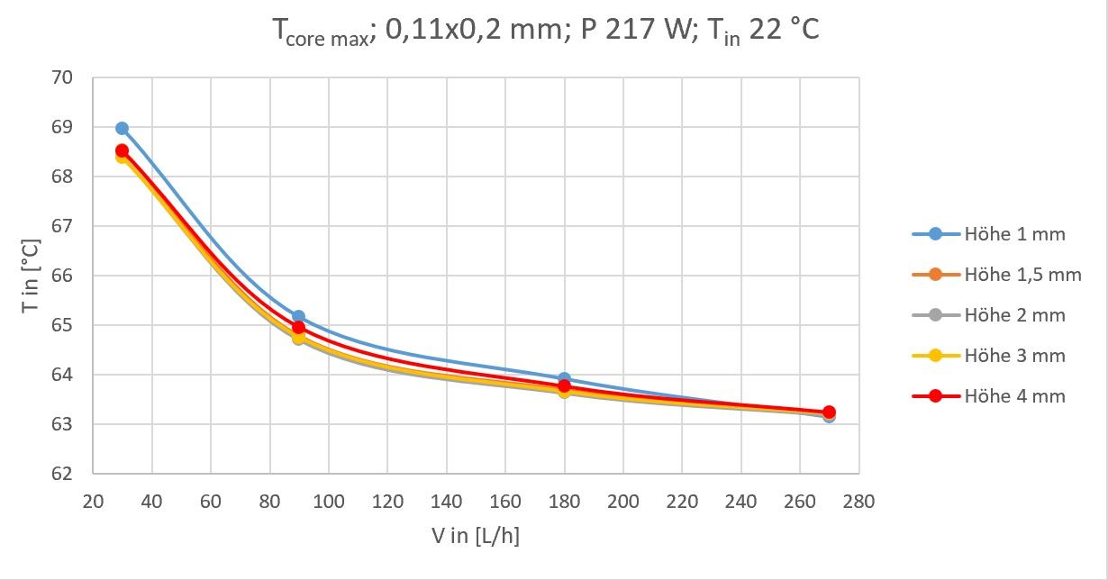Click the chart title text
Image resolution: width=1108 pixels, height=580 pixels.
pyautogui.click(x=546, y=32)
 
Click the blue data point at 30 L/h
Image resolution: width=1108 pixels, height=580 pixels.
pyautogui.click(x=122, y=129)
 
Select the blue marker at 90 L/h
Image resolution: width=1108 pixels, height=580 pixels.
pyautogui.click(x=298, y=317)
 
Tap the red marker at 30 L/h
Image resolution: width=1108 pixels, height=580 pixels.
pyautogui.click(x=122, y=151)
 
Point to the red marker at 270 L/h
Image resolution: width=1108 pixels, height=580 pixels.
pyautogui.click(x=829, y=412)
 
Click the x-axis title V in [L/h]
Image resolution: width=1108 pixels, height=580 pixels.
pyautogui.click(x=475, y=537)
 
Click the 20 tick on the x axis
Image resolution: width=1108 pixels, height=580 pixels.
pyautogui.click(x=93, y=502)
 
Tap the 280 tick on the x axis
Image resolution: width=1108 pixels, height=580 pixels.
pyautogui.click(x=858, y=502)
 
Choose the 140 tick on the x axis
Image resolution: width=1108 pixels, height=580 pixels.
pyautogui.click(x=446, y=502)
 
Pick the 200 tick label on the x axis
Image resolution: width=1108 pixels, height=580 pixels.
pyautogui.click(x=622, y=502)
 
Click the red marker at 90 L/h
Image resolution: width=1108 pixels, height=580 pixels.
pyautogui.click(x=298, y=328)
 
